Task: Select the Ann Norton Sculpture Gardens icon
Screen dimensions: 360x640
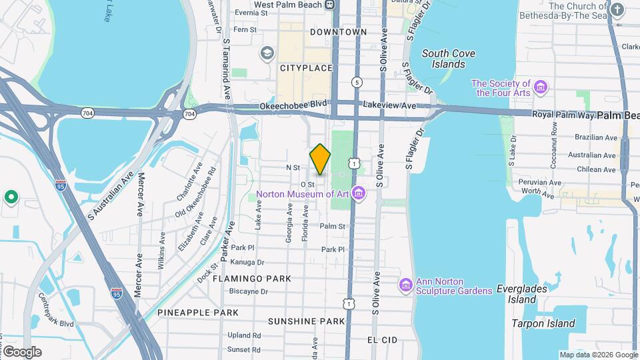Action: click(x=405, y=285)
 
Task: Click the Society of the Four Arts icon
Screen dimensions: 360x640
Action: click(x=541, y=88)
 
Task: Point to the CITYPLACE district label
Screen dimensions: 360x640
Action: click(x=305, y=68)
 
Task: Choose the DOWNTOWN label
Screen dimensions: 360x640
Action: click(x=339, y=32)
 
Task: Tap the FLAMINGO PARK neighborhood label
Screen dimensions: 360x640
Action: click(x=251, y=278)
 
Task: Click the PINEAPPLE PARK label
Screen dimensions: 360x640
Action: click(x=198, y=312)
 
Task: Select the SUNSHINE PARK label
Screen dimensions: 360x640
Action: click(x=306, y=321)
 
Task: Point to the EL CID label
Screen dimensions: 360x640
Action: click(x=382, y=340)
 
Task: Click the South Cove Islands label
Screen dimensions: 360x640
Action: click(x=443, y=59)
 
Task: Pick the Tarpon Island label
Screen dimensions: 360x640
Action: click(x=543, y=324)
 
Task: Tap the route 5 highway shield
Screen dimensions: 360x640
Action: click(x=358, y=82)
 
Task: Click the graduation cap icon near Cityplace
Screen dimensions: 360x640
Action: click(x=267, y=53)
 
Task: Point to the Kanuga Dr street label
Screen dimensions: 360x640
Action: click(x=248, y=263)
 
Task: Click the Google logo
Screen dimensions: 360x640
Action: click(x=22, y=351)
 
